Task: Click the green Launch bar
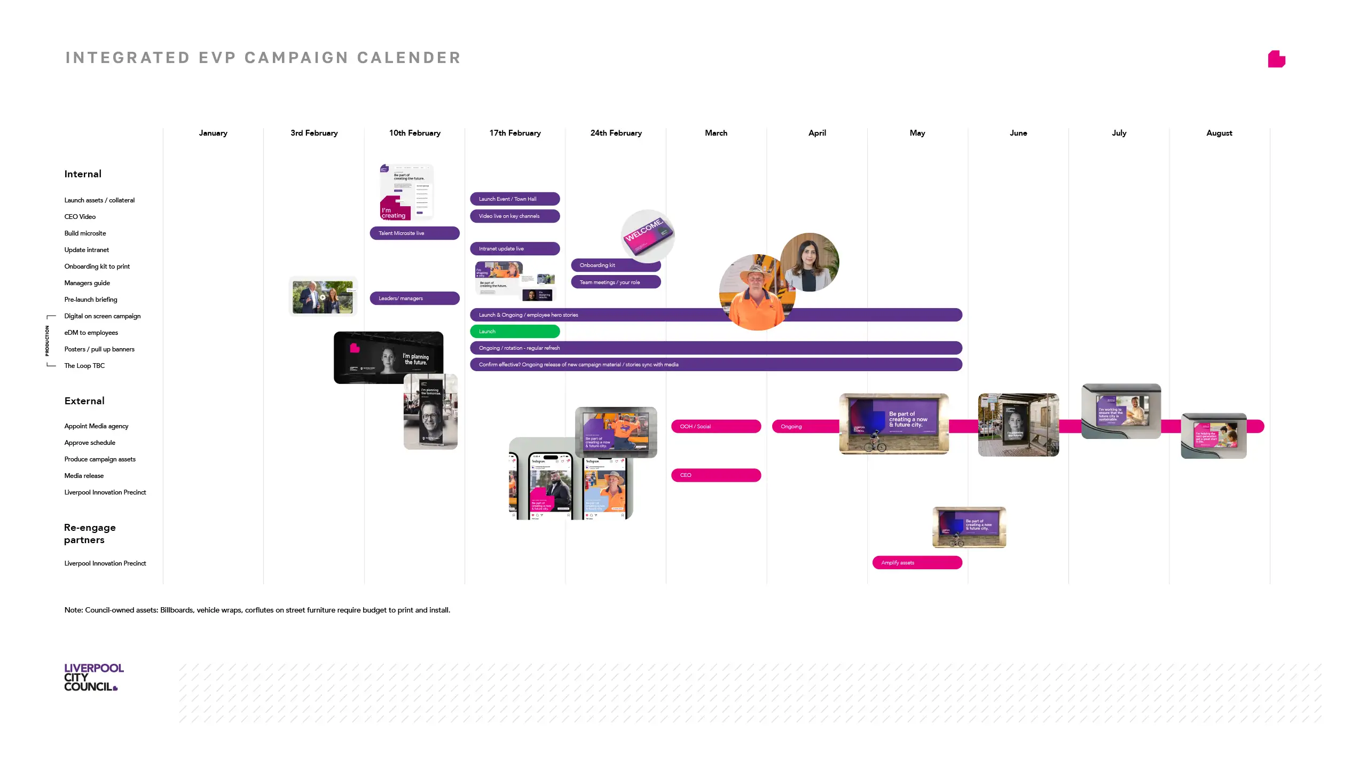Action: [515, 332]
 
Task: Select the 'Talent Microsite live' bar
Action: [414, 233]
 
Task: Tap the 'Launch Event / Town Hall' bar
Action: [515, 199]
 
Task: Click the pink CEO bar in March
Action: [716, 475]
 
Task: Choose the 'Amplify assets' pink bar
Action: [917, 563]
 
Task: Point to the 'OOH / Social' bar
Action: [716, 427]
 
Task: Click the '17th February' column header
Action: [515, 133]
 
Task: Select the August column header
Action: [1219, 133]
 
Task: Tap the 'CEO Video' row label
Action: [80, 217]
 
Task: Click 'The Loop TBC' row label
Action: [84, 366]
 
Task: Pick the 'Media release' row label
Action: [84, 476]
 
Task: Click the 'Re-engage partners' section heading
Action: [90, 533]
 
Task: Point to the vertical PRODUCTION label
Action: [47, 341]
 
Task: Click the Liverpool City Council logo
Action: [94, 677]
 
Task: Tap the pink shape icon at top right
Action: [1276, 59]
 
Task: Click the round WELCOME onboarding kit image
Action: [648, 236]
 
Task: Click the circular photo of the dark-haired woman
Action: [810, 262]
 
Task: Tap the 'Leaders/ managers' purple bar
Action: [414, 299]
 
